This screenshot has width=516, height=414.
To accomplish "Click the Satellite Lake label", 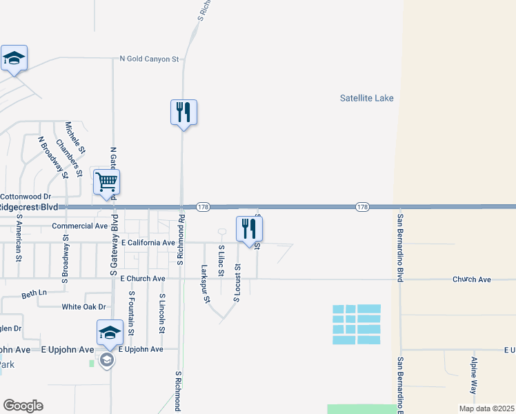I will tap(366, 98).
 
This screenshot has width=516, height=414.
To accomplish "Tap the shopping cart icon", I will tap(106, 183).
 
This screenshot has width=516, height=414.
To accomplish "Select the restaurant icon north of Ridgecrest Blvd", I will tap(183, 112).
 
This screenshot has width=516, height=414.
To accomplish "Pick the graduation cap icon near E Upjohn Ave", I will tap(109, 333).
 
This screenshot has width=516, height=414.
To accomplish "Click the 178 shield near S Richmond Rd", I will tap(203, 207).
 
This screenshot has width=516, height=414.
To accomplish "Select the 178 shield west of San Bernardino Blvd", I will tap(363, 207).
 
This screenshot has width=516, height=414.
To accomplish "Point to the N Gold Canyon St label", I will tap(150, 59).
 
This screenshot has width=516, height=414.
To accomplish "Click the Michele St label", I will tap(75, 137).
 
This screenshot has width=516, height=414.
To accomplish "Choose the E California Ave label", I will tap(148, 243).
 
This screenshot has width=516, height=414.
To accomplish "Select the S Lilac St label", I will tap(221, 261).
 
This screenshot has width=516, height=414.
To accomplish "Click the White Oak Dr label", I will tap(83, 306).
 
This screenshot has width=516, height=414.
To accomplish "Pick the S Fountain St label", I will tap(131, 313).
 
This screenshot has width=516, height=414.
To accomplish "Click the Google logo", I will tap(23, 406).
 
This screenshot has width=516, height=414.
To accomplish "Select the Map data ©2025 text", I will tap(486, 408).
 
